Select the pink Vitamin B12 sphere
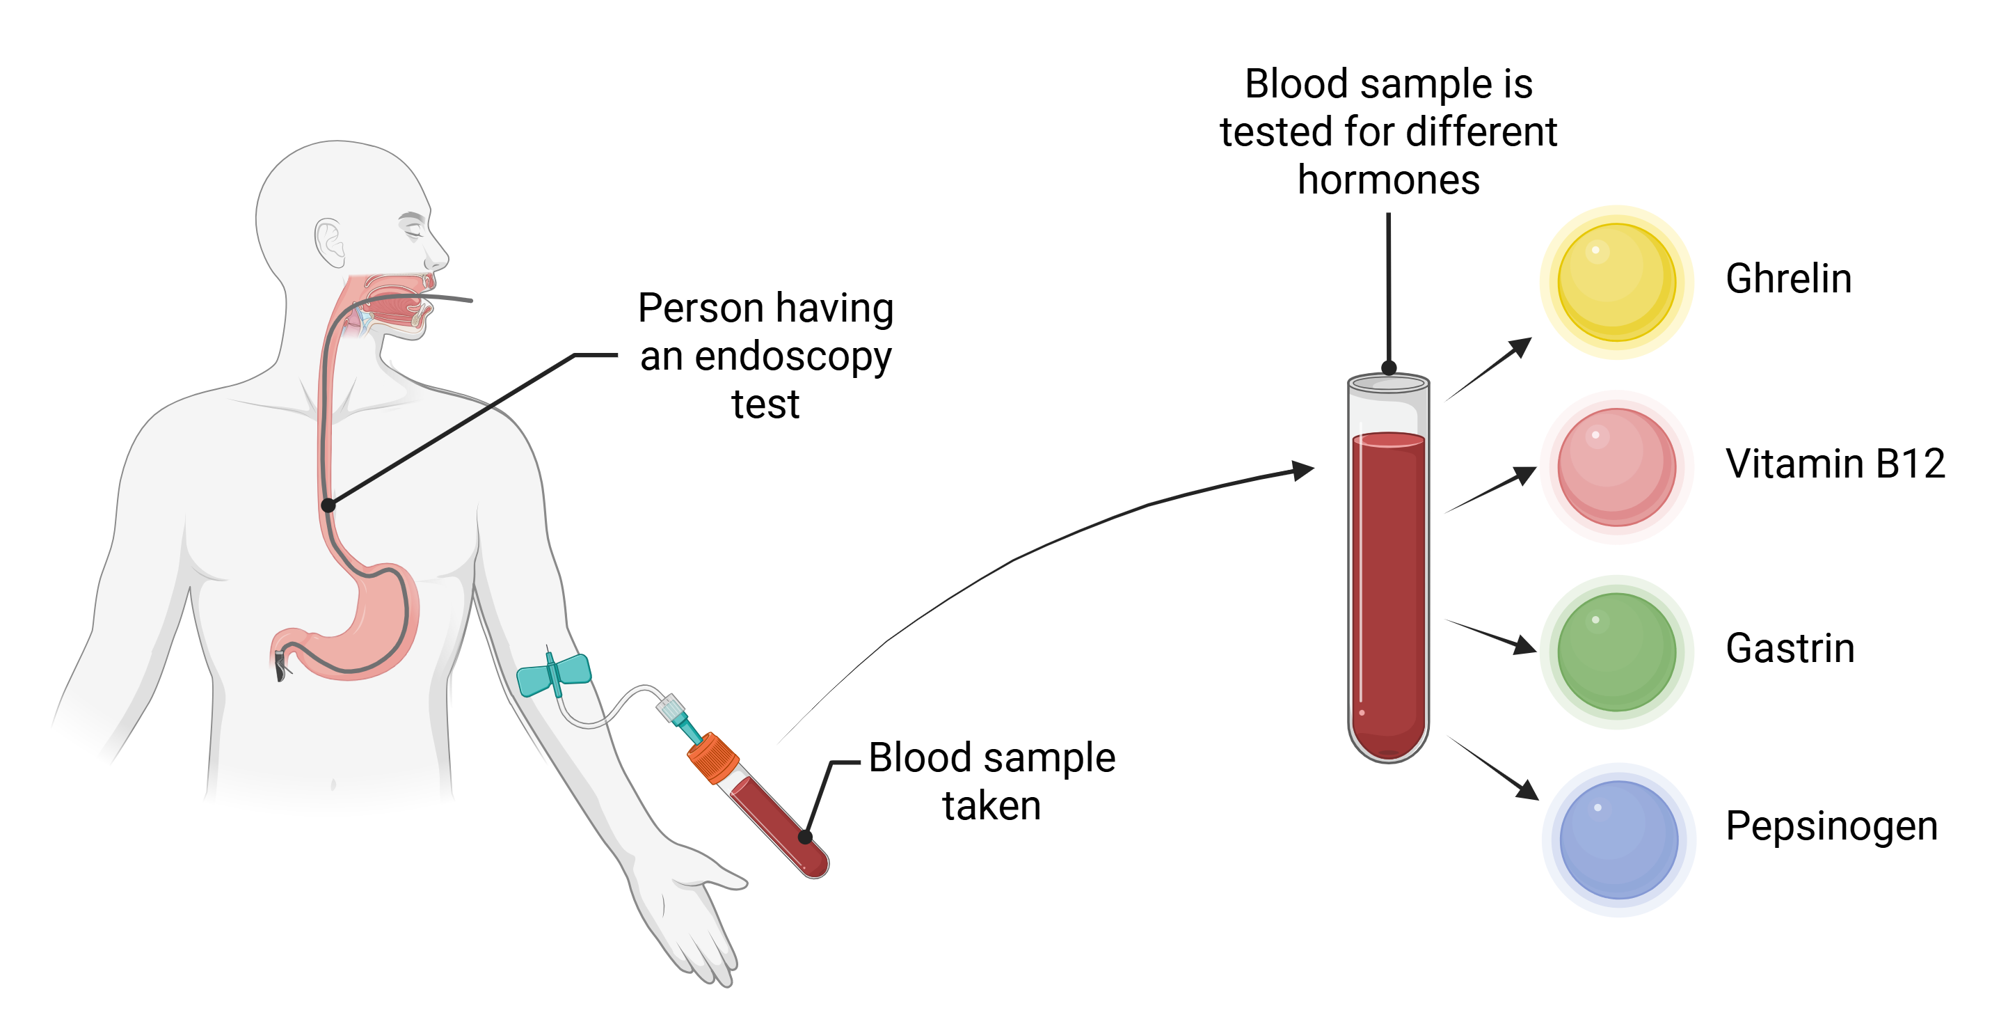pyautogui.click(x=1616, y=466)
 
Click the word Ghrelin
pyautogui.click(x=1788, y=278)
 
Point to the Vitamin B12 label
pyautogui.click(x=1834, y=464)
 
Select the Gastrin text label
pyautogui.click(x=1790, y=648)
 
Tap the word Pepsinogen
pyautogui.click(x=1831, y=826)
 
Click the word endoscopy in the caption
pyautogui.click(x=792, y=357)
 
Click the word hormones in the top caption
pyautogui.click(x=1388, y=180)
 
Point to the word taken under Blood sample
pyautogui.click(x=991, y=806)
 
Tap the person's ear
pyautogui.click(x=329, y=242)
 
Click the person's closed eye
pyautogui.click(x=411, y=228)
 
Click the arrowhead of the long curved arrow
pyautogui.click(x=1304, y=469)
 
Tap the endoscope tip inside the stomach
pyautogui.click(x=280, y=667)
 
